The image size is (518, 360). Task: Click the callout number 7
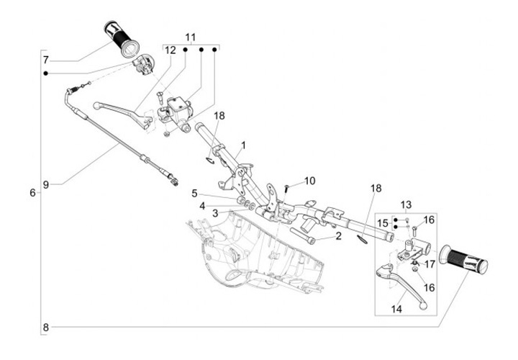[x=46, y=60]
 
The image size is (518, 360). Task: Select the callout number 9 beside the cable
[x=46, y=184]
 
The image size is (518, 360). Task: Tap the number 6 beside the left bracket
[x=32, y=192]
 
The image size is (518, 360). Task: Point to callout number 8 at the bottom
[x=46, y=328]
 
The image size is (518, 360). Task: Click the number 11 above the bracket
[x=191, y=37]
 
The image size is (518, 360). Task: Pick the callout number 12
[x=171, y=50]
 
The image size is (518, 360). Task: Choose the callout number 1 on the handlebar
[x=243, y=145]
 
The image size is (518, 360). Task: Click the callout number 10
[x=310, y=181]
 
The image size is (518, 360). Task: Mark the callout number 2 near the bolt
[x=338, y=235]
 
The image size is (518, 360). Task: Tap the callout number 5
[x=194, y=194]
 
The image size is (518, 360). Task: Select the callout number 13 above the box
[x=406, y=205]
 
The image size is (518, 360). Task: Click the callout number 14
[x=396, y=309]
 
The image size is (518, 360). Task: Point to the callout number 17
[x=430, y=264]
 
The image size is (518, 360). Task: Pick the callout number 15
[x=383, y=223]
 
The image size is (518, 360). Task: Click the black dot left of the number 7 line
[x=45, y=73]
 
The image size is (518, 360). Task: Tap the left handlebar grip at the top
[x=122, y=39]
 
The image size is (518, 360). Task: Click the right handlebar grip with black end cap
[x=463, y=259]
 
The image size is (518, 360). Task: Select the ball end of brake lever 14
[x=423, y=306]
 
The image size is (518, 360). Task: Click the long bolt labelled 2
[x=302, y=235]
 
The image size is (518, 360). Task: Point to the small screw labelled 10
[x=287, y=191]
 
